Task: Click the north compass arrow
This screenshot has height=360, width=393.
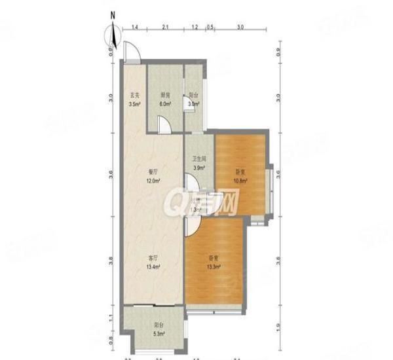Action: [x=113, y=33]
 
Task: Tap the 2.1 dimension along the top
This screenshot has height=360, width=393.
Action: [x=165, y=27]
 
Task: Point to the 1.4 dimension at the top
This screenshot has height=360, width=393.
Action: [x=134, y=27]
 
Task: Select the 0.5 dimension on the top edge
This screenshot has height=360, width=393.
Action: [x=210, y=27]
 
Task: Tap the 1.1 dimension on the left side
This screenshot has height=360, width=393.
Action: [x=111, y=317]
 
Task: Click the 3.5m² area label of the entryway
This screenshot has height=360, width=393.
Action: [x=134, y=104]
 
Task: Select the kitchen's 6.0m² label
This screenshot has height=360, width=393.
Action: [x=165, y=104]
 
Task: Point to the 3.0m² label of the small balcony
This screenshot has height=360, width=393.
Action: [x=193, y=104]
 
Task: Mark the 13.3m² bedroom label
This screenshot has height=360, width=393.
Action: [x=214, y=266]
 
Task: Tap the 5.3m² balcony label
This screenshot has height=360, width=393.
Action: [x=159, y=334]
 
